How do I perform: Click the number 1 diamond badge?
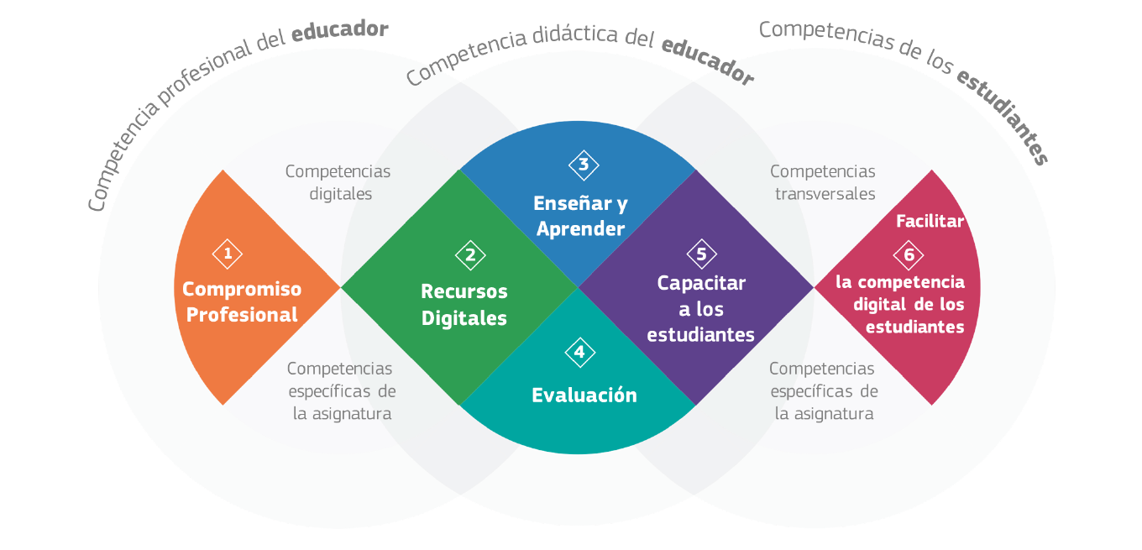click(x=228, y=253)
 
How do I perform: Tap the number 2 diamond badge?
click(x=470, y=255)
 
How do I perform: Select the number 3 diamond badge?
click(x=584, y=165)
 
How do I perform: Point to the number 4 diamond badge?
click(x=579, y=352)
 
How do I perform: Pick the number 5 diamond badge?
click(x=701, y=254)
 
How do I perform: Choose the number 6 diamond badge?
click(x=909, y=254)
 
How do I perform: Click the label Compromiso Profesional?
click(x=242, y=301)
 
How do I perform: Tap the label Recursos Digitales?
click(x=464, y=305)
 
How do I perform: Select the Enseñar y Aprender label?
click(x=581, y=216)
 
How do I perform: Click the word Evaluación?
click(x=584, y=395)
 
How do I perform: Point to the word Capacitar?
click(x=701, y=283)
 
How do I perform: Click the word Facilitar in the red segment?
click(x=930, y=222)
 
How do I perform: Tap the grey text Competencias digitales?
click(x=338, y=182)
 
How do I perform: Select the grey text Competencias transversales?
click(x=823, y=182)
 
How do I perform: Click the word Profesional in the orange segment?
click(x=242, y=315)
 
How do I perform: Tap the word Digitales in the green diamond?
click(x=464, y=318)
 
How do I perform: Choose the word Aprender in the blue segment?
click(x=581, y=229)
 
